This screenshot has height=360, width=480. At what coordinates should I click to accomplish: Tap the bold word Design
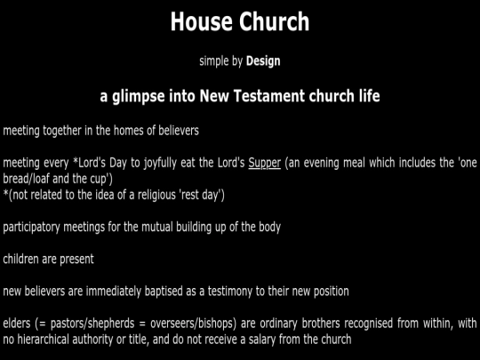pyautogui.click(x=263, y=61)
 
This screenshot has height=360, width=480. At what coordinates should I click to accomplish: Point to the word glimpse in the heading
pyautogui.click(x=139, y=96)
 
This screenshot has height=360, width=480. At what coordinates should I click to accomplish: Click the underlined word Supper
pyautogui.click(x=265, y=163)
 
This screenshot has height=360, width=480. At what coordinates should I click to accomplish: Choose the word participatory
pyautogui.click(x=31, y=228)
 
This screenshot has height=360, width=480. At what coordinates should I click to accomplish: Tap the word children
pyautogui.click(x=20, y=259)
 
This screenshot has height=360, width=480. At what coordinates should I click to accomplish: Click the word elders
pyautogui.click(x=17, y=324)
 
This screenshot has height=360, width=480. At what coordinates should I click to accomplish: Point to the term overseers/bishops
pyautogui.click(x=194, y=324)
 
